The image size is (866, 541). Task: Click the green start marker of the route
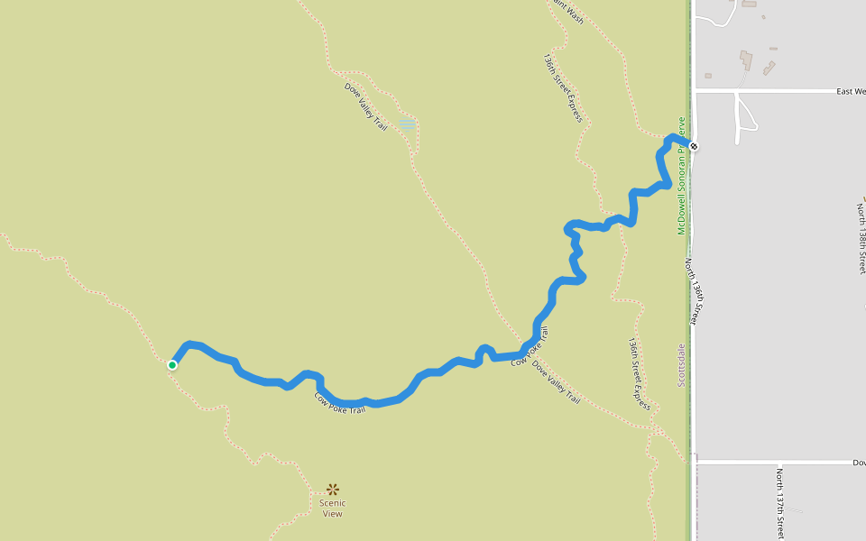tap(171, 364)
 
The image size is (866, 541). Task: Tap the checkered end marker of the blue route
tap(694, 146)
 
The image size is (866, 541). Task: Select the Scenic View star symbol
tap(333, 490)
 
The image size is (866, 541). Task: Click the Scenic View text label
tap(333, 509)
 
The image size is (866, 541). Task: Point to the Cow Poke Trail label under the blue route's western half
tap(340, 403)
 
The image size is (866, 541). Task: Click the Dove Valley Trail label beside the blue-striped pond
tap(366, 106)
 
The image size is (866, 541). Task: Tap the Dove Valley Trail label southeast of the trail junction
tap(557, 381)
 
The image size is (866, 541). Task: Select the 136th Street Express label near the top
tap(563, 87)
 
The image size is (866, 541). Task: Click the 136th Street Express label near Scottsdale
tap(639, 373)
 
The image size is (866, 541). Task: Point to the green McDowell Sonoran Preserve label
tap(682, 175)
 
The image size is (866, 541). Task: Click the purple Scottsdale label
tap(681, 365)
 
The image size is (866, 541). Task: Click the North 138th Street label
tap(861, 238)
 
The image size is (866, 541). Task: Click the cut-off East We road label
tap(851, 91)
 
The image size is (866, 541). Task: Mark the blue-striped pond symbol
tap(408, 123)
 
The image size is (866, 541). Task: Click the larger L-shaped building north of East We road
tap(746, 61)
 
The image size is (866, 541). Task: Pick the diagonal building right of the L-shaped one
tap(769, 68)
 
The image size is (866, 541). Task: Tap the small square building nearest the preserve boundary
tap(708, 75)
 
